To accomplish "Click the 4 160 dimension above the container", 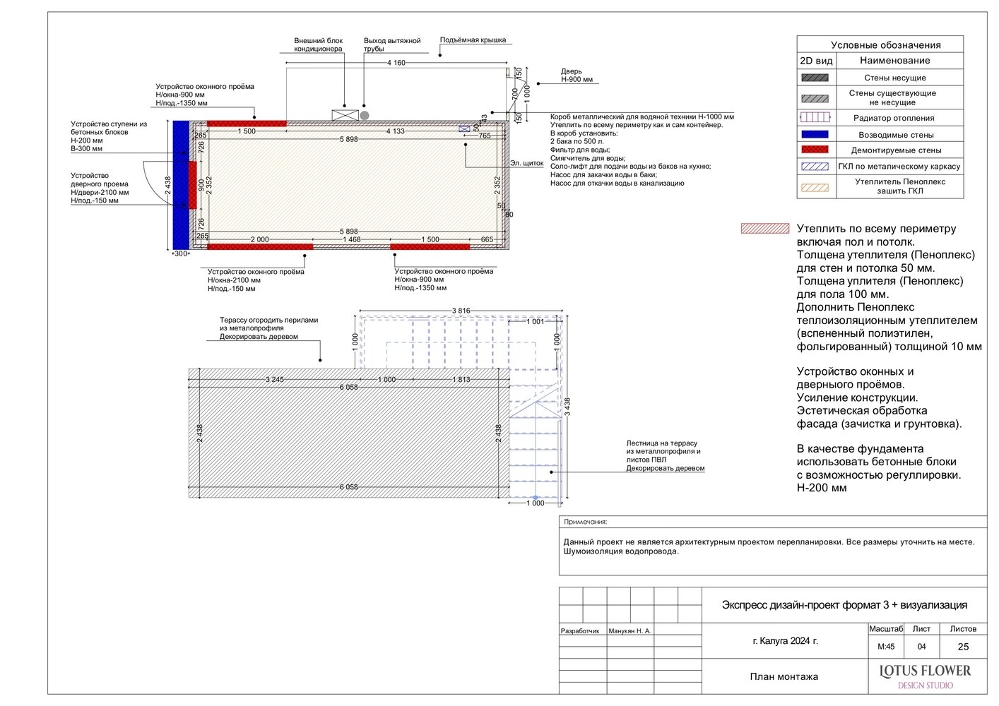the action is click(396, 63).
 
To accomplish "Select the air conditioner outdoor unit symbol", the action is click(345, 115).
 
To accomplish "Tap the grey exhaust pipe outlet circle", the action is click(365, 116).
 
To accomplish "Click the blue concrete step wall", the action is click(181, 185).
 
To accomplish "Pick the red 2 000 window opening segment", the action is click(260, 246).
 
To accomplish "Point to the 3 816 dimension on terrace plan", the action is click(461, 311).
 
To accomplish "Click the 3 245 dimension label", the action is click(274, 380).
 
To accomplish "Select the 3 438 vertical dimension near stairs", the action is click(567, 407).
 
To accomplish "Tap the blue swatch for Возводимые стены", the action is click(815, 134).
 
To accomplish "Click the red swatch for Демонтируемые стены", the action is click(815, 150).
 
